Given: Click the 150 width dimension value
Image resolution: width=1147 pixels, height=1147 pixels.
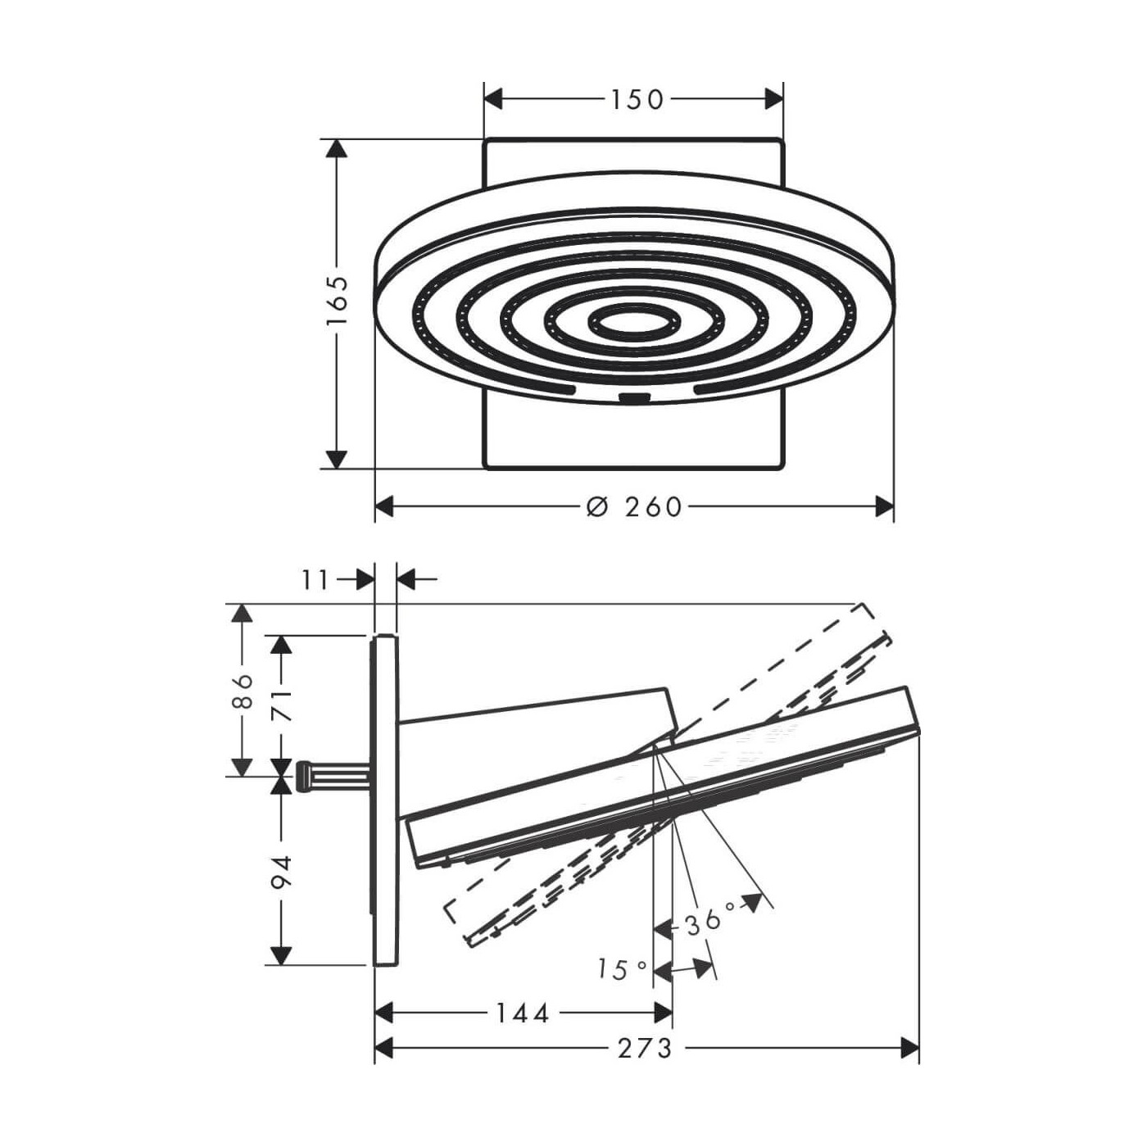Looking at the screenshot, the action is (x=636, y=99).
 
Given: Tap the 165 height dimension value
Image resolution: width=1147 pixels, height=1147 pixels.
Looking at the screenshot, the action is (x=338, y=300).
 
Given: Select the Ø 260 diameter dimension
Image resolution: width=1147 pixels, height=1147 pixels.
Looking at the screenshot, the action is (x=632, y=506).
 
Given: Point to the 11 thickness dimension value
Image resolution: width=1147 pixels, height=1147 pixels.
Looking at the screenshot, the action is (x=315, y=579).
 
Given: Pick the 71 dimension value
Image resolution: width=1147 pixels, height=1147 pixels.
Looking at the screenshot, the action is (x=282, y=706).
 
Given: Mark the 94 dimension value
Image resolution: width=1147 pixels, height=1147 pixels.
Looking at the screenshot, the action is (x=282, y=872).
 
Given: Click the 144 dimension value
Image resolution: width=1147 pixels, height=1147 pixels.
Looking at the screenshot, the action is (x=523, y=1013).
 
